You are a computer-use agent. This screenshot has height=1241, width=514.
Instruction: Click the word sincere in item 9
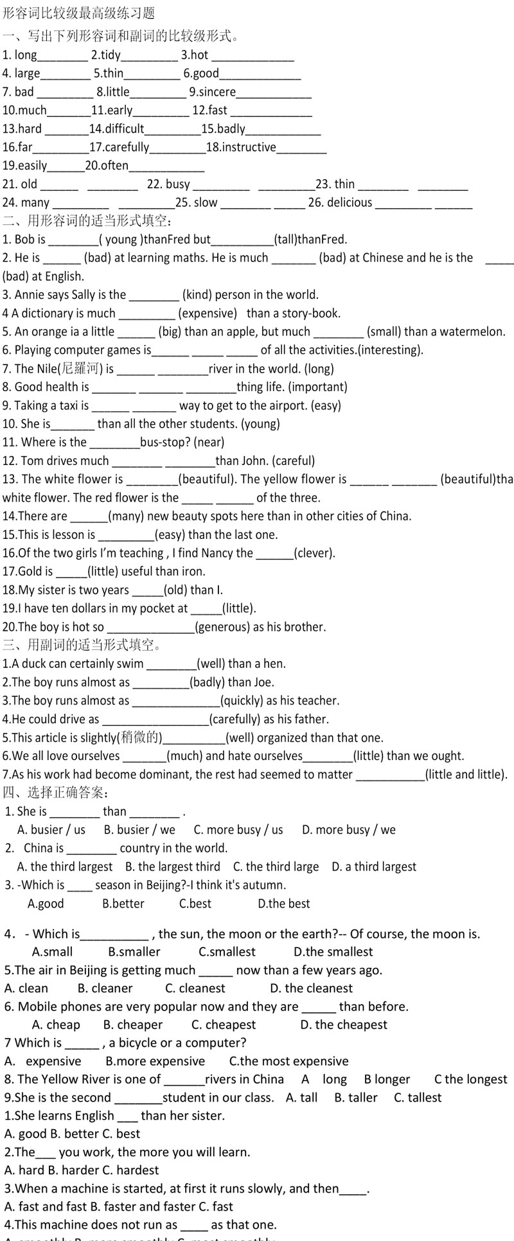[x=217, y=92]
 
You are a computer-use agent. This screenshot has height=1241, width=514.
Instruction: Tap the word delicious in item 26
[x=350, y=202]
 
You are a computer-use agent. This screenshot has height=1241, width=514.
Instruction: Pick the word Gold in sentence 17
[x=30, y=572]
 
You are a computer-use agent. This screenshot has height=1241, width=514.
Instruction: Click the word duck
[x=39, y=664]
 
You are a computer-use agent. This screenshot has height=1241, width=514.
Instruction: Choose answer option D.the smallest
[x=333, y=952]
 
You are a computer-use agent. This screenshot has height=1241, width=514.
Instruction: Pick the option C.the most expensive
[x=288, y=1061]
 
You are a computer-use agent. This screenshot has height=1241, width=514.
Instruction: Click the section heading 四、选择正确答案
[x=55, y=793]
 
